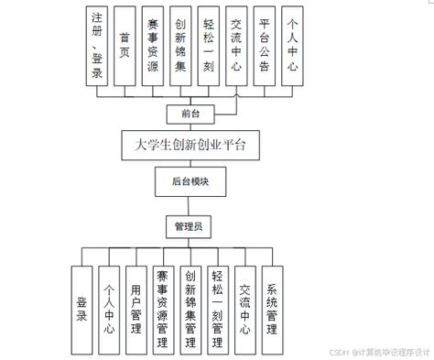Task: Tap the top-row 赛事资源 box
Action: pos(154,47)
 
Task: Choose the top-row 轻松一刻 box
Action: pos(209,47)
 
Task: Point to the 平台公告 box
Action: pos(265,47)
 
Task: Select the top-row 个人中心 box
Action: pos(292,47)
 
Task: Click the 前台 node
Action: pos(190,114)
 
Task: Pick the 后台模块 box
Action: pos(190,181)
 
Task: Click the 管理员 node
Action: pos(190,224)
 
